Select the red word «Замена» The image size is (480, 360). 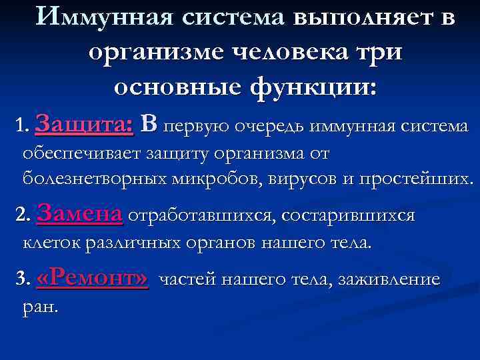[81, 214]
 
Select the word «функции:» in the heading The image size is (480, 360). [311, 87]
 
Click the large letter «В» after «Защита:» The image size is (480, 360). [149, 123]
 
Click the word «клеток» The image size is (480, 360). [51, 243]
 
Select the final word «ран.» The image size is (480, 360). [41, 307]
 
